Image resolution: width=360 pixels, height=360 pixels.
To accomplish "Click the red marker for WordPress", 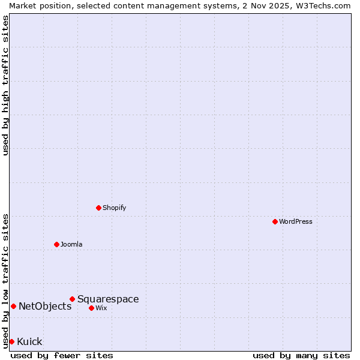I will pyautogui.click(x=275, y=221).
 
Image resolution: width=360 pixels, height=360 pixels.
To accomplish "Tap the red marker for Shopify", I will pyautogui.click(x=99, y=208).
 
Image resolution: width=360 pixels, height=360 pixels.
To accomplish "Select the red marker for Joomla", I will pyautogui.click(x=57, y=244).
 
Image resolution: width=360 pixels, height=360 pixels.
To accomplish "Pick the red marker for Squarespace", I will pyautogui.click(x=73, y=299).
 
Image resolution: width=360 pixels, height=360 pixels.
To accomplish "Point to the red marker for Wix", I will pyautogui.click(x=92, y=308).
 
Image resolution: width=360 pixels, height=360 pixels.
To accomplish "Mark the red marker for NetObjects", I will pyautogui.click(x=13, y=306).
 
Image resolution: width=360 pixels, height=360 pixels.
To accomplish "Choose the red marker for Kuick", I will pyautogui.click(x=11, y=341).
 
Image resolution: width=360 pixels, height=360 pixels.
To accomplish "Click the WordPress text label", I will pyautogui.click(x=296, y=221).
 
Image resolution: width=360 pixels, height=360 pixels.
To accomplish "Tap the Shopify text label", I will pyautogui.click(x=114, y=208).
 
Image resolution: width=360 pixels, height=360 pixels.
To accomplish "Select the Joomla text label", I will pyautogui.click(x=71, y=244).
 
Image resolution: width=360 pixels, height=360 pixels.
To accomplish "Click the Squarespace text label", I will pyautogui.click(x=108, y=299).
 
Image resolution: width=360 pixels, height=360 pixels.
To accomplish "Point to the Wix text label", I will pyautogui.click(x=101, y=308).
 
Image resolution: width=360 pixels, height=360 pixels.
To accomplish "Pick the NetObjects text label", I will pyautogui.click(x=45, y=306).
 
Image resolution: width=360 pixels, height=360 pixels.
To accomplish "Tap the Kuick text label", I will pyautogui.click(x=29, y=341).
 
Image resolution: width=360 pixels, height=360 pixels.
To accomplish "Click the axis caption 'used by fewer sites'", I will pyautogui.click(x=62, y=355).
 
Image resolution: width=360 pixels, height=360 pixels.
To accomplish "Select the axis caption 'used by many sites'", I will pyautogui.click(x=301, y=355).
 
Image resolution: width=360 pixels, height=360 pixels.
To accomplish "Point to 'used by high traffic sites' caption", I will pyautogui.click(x=5, y=85).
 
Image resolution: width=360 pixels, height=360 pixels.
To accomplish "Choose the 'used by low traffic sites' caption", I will pyautogui.click(x=5, y=280).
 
